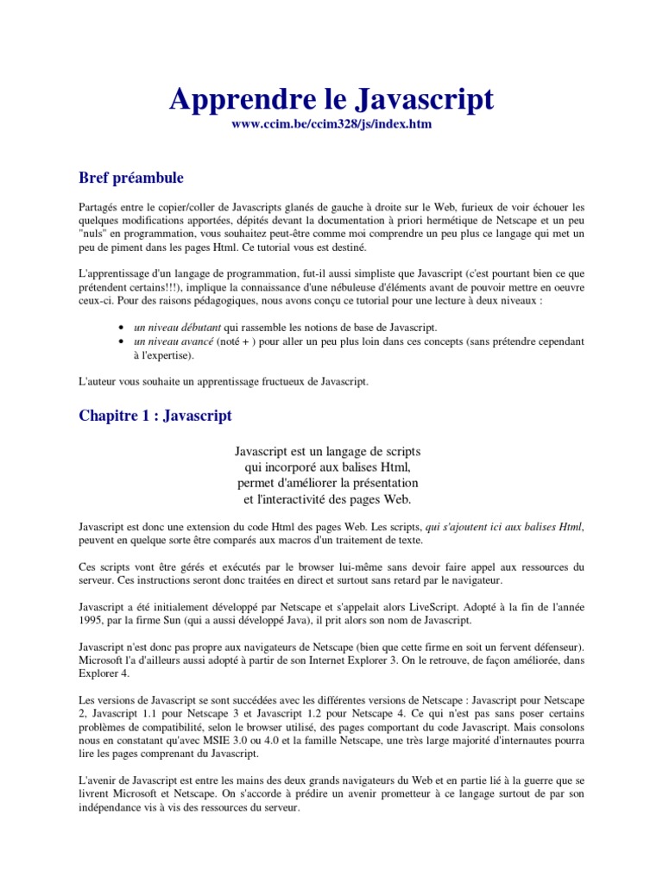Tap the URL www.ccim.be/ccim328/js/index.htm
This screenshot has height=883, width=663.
pyautogui.click(x=331, y=125)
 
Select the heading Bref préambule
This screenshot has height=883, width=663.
pyautogui.click(x=130, y=178)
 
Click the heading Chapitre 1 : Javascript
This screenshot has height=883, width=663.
pyautogui.click(x=155, y=416)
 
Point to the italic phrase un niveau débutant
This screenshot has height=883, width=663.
pyautogui.click(x=177, y=328)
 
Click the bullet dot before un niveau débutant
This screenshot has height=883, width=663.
pyautogui.click(x=119, y=329)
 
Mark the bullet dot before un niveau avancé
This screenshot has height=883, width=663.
pyautogui.click(x=119, y=342)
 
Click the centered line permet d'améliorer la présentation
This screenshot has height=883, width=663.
pyautogui.click(x=327, y=482)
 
